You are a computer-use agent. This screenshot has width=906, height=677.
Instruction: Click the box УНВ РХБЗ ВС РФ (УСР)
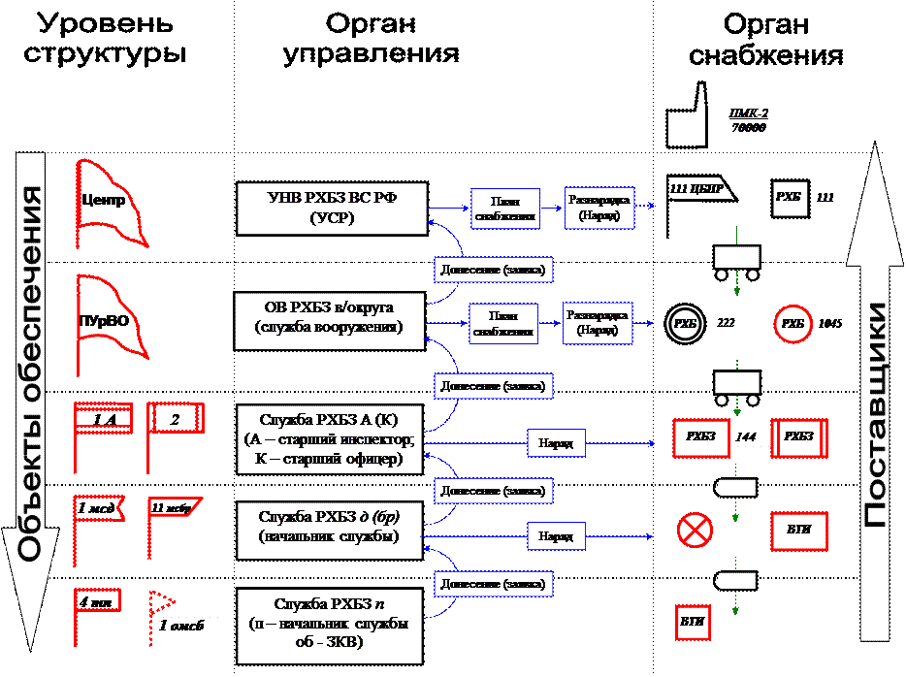click(x=332, y=209)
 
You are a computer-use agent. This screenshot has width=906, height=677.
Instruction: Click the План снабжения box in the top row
click(x=504, y=209)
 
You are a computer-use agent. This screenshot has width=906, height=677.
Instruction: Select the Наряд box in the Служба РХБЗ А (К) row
click(x=556, y=444)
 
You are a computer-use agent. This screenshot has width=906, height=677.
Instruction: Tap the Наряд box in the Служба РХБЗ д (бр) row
click(x=556, y=534)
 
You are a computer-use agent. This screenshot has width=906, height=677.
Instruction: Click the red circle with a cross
click(x=695, y=530)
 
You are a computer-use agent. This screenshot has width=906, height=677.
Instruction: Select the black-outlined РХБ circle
click(x=686, y=323)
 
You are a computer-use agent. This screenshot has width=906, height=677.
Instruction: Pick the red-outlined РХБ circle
click(x=793, y=323)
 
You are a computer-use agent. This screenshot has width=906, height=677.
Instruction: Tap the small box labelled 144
click(x=746, y=436)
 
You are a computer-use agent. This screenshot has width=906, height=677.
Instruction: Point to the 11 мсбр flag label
click(x=173, y=506)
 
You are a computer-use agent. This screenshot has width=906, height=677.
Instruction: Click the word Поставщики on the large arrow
click(x=875, y=415)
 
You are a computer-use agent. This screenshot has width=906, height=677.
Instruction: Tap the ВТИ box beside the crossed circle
click(x=799, y=531)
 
